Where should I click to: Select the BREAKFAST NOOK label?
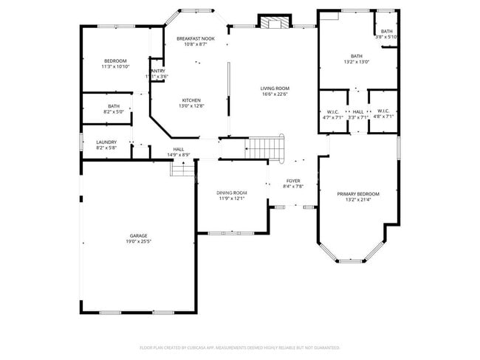[196, 38]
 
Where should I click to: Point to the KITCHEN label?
[191, 100]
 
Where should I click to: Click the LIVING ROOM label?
[275, 88]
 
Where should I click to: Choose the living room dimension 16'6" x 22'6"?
[275, 94]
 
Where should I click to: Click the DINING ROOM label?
[231, 193]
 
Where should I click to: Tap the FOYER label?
[293, 181]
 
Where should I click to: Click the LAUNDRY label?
[106, 142]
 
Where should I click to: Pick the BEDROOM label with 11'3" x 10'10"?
[114, 60]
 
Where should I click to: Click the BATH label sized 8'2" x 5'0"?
[114, 106]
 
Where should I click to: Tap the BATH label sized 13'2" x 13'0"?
[357, 56]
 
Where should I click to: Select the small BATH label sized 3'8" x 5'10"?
[387, 31]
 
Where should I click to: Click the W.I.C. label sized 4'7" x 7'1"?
[331, 111]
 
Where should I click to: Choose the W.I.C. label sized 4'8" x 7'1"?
[383, 111]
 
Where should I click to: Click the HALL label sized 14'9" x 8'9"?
[179, 149]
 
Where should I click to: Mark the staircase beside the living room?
[264, 147]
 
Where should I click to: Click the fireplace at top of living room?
[275, 22]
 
